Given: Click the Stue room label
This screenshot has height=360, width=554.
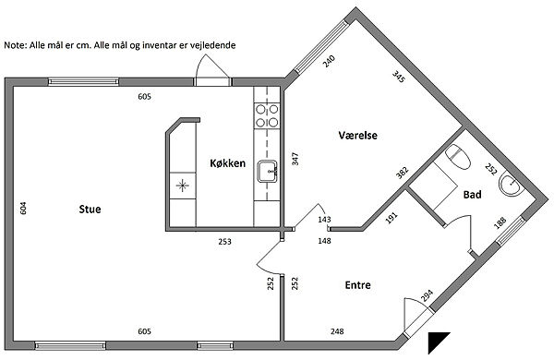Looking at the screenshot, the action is pos(90,210).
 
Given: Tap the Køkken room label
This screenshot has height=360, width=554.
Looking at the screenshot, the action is pos(227,163).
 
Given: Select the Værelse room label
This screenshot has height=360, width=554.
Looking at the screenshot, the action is pos(357,136).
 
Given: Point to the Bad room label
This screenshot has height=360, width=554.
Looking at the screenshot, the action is pos(473,195).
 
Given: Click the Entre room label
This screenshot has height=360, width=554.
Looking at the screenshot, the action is pos(358,285).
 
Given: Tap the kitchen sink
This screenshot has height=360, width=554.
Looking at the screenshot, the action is pos(267,172).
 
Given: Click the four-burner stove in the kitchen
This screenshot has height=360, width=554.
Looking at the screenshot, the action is pos(267,116).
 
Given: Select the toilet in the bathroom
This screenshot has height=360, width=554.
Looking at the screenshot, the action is pos(458,157).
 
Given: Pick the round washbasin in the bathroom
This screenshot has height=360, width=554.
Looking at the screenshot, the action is pos(511,185).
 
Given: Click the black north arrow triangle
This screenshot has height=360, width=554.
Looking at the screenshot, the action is pos(436,340).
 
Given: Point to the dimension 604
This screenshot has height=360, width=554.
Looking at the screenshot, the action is pos(23,208).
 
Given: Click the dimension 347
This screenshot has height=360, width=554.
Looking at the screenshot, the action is pos(295,159).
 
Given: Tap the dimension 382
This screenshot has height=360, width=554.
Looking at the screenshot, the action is pos(403,173).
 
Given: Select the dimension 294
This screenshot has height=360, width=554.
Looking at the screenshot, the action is pos(427,295).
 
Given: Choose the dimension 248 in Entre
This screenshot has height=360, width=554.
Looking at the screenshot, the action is pos(337,331).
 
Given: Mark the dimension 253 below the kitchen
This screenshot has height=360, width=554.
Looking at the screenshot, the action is pos(224,242).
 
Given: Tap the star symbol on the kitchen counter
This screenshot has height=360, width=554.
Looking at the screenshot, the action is pos(182,186).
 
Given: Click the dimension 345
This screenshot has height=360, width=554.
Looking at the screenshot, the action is pos(398,77).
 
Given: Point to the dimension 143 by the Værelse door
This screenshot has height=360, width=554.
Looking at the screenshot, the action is pos(324,220).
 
